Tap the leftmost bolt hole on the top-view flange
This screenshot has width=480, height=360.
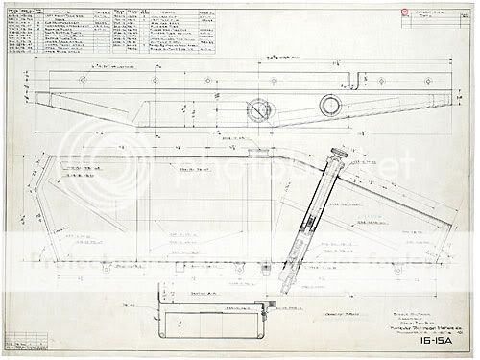[49, 78]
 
